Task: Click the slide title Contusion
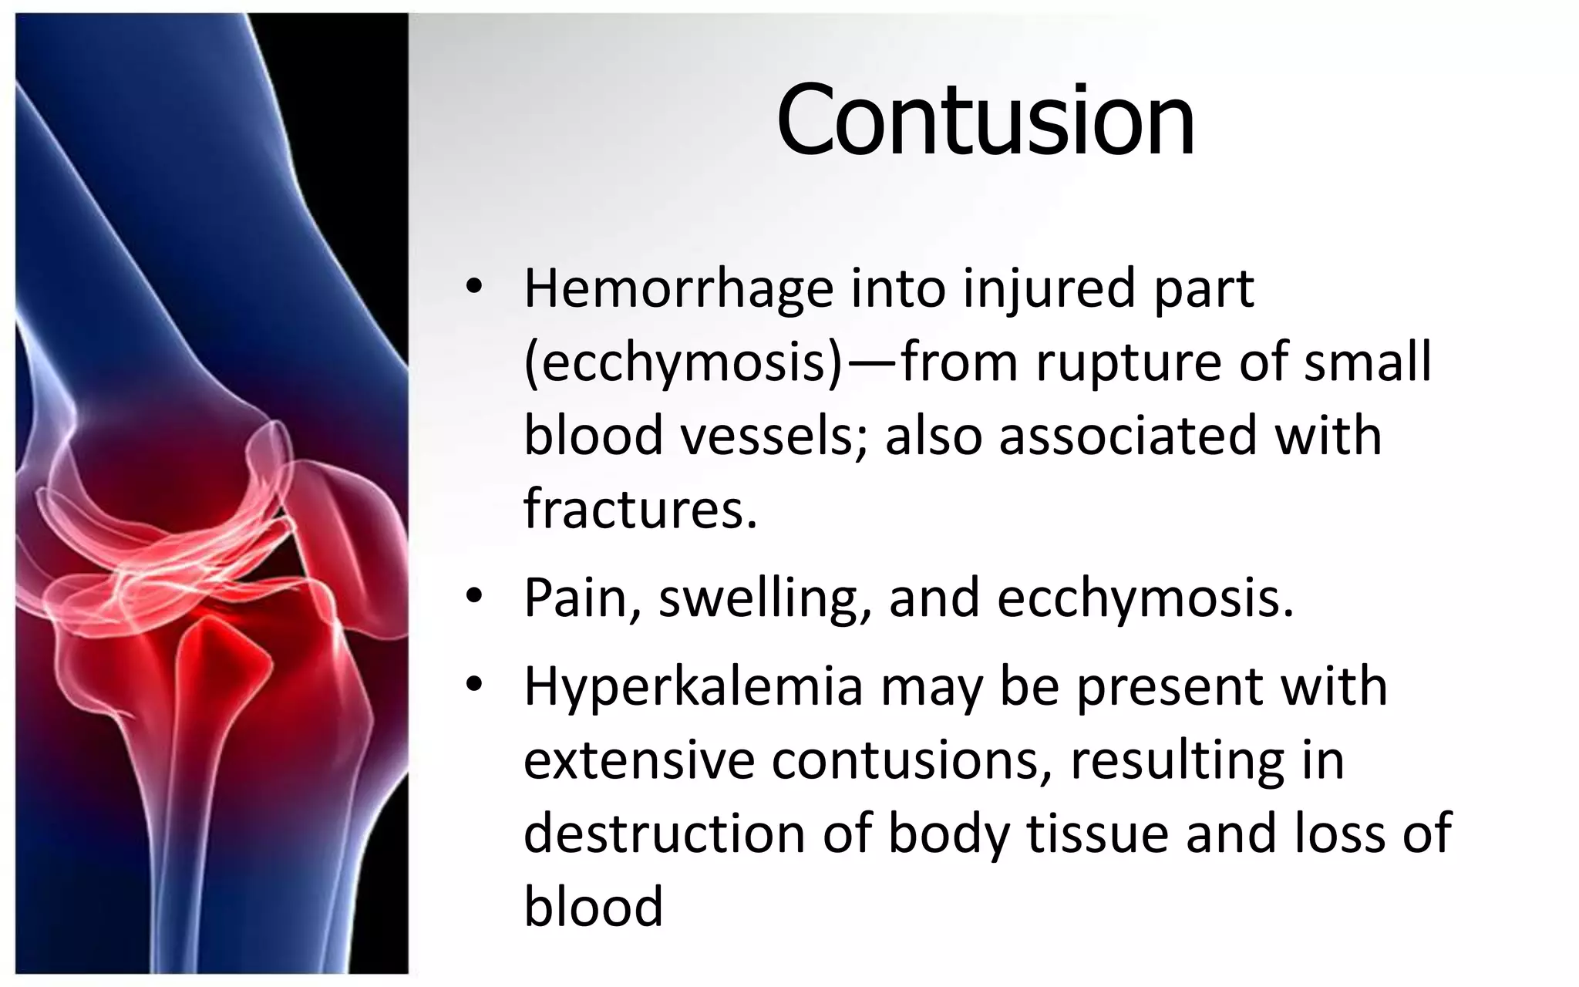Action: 985,121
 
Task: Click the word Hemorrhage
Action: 678,288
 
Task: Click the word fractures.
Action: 640,509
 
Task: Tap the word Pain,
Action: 584,598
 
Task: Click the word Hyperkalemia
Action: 692,686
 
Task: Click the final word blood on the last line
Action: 593,906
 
